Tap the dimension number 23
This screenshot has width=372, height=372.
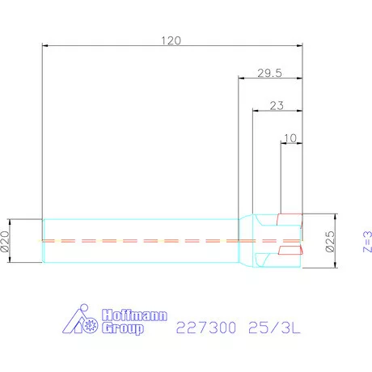tap(277, 104)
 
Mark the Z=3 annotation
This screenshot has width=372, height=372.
tap(365, 239)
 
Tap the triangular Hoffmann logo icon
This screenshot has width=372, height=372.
tap(83, 322)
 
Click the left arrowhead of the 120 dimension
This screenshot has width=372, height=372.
tap(44, 46)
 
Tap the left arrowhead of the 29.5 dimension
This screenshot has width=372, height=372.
tap(241, 78)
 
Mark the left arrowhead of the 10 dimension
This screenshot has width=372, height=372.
tap(281, 143)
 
